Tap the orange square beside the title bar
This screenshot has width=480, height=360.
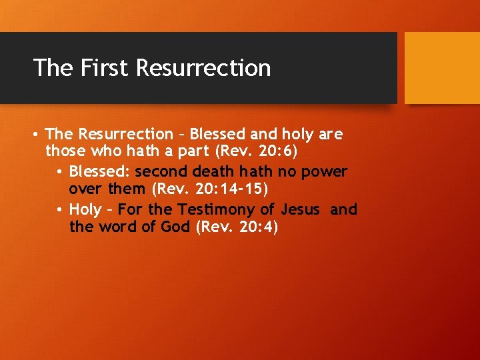442,67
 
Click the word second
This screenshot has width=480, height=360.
161,172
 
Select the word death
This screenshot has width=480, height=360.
213,172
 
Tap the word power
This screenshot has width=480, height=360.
325,172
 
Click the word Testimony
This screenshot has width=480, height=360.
216,209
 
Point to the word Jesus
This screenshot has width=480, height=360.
301,209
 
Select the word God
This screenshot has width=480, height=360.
175,228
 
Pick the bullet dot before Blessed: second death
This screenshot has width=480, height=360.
59,173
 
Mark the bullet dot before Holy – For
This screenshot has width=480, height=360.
59,210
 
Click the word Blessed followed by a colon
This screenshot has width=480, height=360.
100,172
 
